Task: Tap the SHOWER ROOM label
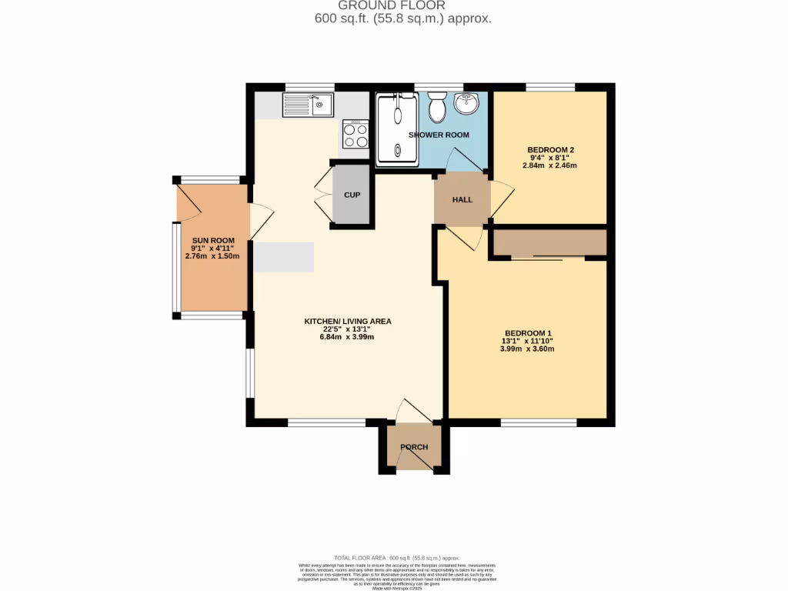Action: [x=439, y=135]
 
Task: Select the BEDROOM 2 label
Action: [x=551, y=149]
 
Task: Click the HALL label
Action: [x=462, y=200]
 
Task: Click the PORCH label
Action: [x=414, y=447]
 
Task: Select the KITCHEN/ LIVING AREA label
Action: [x=348, y=321]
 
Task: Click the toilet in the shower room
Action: [x=438, y=109]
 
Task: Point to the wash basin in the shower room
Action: [x=466, y=103]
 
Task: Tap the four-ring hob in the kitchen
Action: [x=356, y=135]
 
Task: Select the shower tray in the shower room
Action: [x=397, y=129]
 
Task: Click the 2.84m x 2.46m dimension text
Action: [x=549, y=165]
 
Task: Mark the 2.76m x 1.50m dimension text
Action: [x=207, y=256]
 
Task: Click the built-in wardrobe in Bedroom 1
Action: [x=549, y=242]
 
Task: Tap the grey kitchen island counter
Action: [x=283, y=257]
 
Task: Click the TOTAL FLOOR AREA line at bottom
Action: [x=397, y=558]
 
